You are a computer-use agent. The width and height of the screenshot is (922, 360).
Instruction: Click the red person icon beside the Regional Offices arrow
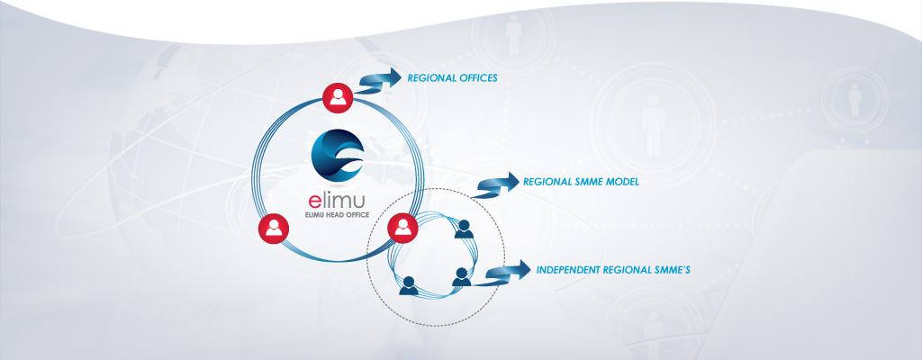click(338, 98)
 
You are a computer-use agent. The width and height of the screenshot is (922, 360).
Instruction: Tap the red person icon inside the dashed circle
click(402, 228)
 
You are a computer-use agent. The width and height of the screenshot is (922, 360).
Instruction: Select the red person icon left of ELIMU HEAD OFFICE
click(272, 229)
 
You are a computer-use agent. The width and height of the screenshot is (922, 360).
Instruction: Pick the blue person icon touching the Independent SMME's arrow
click(462, 276)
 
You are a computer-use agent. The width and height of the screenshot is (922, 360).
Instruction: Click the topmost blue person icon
click(465, 229)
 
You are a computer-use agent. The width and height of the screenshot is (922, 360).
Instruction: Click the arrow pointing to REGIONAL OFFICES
click(380, 80)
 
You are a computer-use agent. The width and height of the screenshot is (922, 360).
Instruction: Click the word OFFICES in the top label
click(478, 78)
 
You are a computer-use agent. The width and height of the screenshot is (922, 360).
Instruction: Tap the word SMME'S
click(669, 269)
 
